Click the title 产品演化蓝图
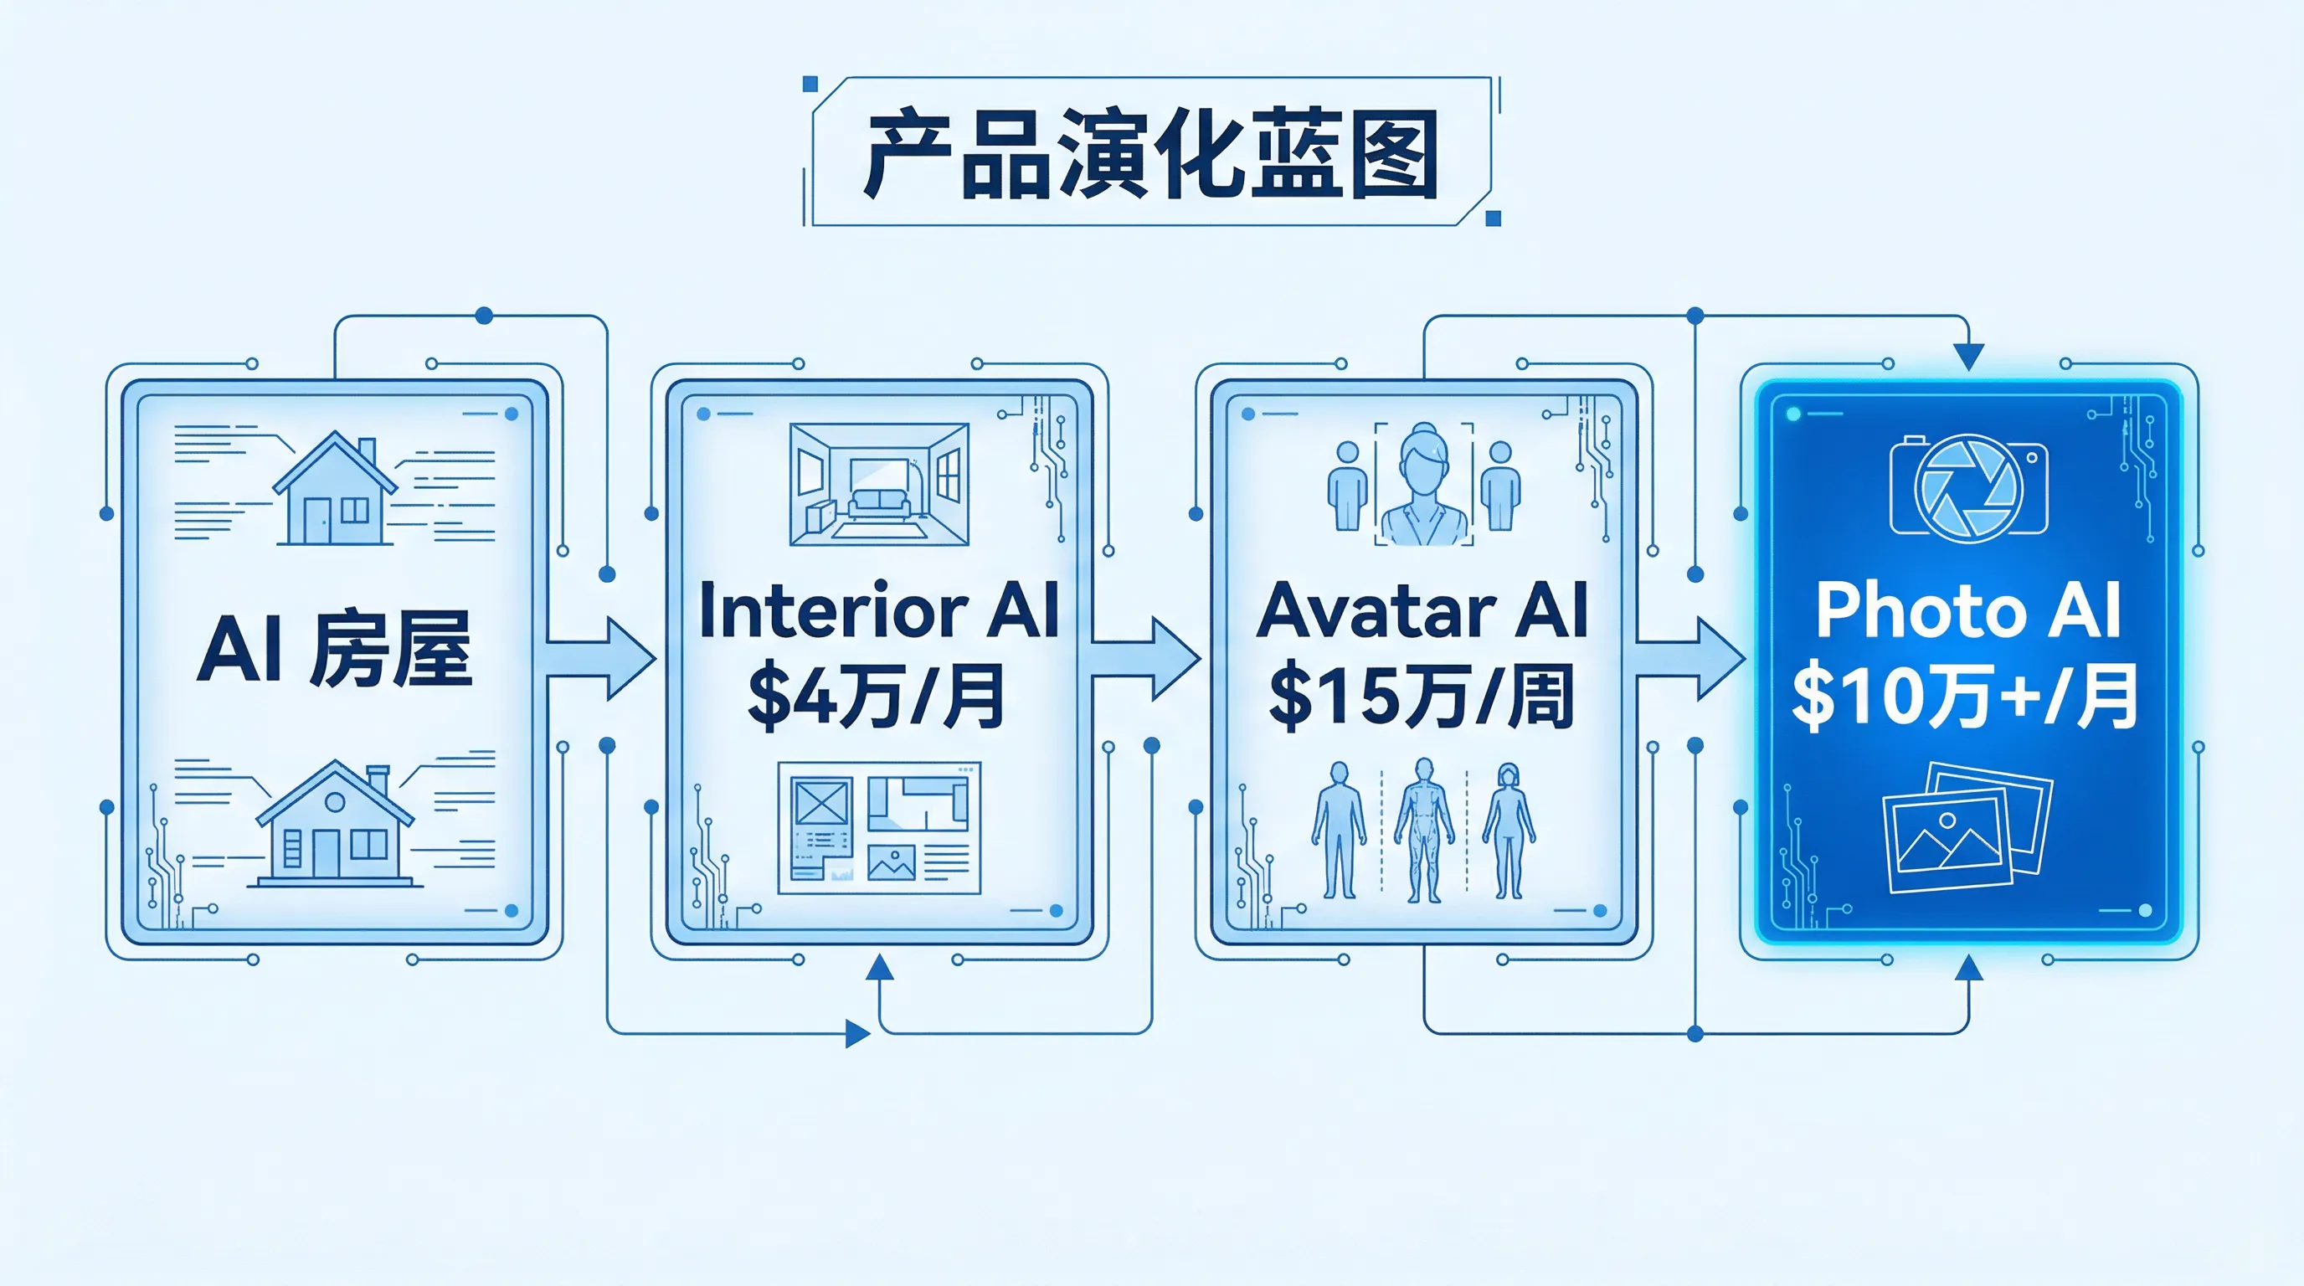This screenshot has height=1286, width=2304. coord(1151,154)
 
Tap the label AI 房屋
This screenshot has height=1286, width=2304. coord(335,648)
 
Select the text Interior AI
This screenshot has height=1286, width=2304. coord(878,611)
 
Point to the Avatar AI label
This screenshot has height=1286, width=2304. coord(1422,611)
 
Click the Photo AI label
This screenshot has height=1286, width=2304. coord(1967,611)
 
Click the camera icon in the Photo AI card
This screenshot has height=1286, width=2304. coord(1967,485)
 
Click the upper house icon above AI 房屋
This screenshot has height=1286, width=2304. coord(335,489)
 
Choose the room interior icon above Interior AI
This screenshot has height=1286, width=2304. coord(878,484)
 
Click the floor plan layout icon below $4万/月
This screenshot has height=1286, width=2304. coord(878,827)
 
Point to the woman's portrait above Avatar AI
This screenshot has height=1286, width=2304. coord(1424,483)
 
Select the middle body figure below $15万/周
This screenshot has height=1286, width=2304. coord(1424,829)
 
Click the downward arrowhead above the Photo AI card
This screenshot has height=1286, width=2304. coord(1967,356)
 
